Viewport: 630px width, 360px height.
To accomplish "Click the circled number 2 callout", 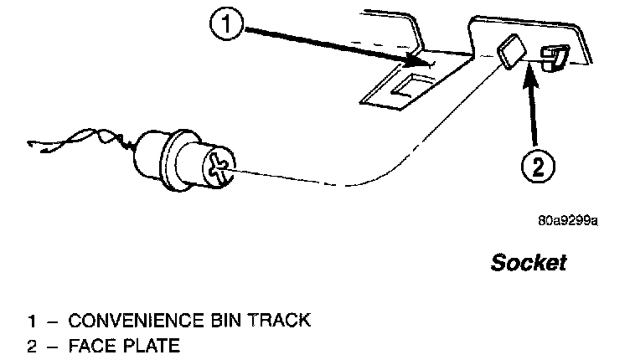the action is (538, 168).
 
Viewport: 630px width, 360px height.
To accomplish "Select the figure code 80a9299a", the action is (567, 223).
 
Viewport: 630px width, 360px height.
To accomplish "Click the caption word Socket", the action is (528, 263).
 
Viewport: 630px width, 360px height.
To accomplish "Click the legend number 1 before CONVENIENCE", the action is (32, 320).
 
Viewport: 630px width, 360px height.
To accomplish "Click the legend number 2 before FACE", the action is (32, 344).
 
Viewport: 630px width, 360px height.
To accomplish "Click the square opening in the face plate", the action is (509, 54).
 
